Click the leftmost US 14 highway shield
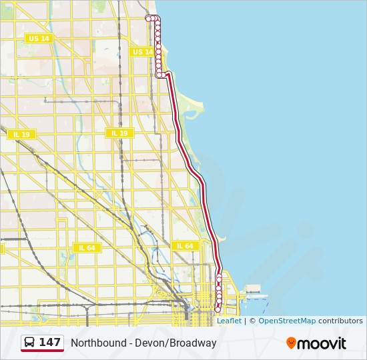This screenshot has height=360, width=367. [39, 39]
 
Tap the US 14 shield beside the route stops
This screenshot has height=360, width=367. [142, 52]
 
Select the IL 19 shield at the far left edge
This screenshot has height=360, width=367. [21, 135]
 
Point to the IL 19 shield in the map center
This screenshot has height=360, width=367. [119, 133]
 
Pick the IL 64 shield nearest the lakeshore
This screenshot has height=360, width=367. [185, 246]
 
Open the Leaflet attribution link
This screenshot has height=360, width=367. [229, 321]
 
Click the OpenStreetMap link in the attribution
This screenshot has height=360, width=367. [287, 321]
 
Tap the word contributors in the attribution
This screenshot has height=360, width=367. [340, 321]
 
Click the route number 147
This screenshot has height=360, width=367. [50, 343]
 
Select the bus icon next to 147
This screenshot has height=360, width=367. [30, 343]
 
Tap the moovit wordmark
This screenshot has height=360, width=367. [322, 343]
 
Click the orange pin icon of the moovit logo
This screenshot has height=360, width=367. [292, 343]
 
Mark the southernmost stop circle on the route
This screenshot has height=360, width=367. [218, 309]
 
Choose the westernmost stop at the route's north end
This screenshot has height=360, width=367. [149, 19]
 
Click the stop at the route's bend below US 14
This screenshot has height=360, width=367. [159, 75]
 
